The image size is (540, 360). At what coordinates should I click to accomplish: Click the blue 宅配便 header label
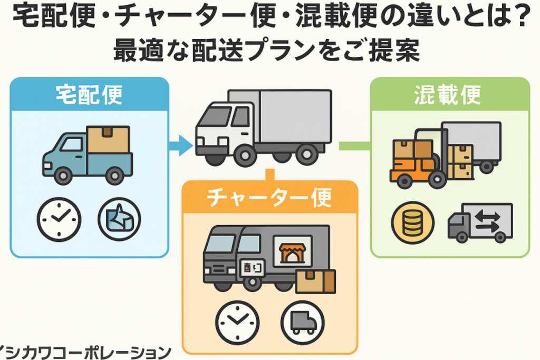[89, 94]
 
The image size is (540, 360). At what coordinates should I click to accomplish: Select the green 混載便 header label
[450, 94]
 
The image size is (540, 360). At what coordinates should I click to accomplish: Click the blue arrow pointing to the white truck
[181, 145]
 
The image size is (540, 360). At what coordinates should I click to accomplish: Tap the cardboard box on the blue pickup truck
[108, 140]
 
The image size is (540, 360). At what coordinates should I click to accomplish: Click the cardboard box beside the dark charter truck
[315, 281]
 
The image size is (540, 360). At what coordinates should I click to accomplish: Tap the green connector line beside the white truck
[355, 145]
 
